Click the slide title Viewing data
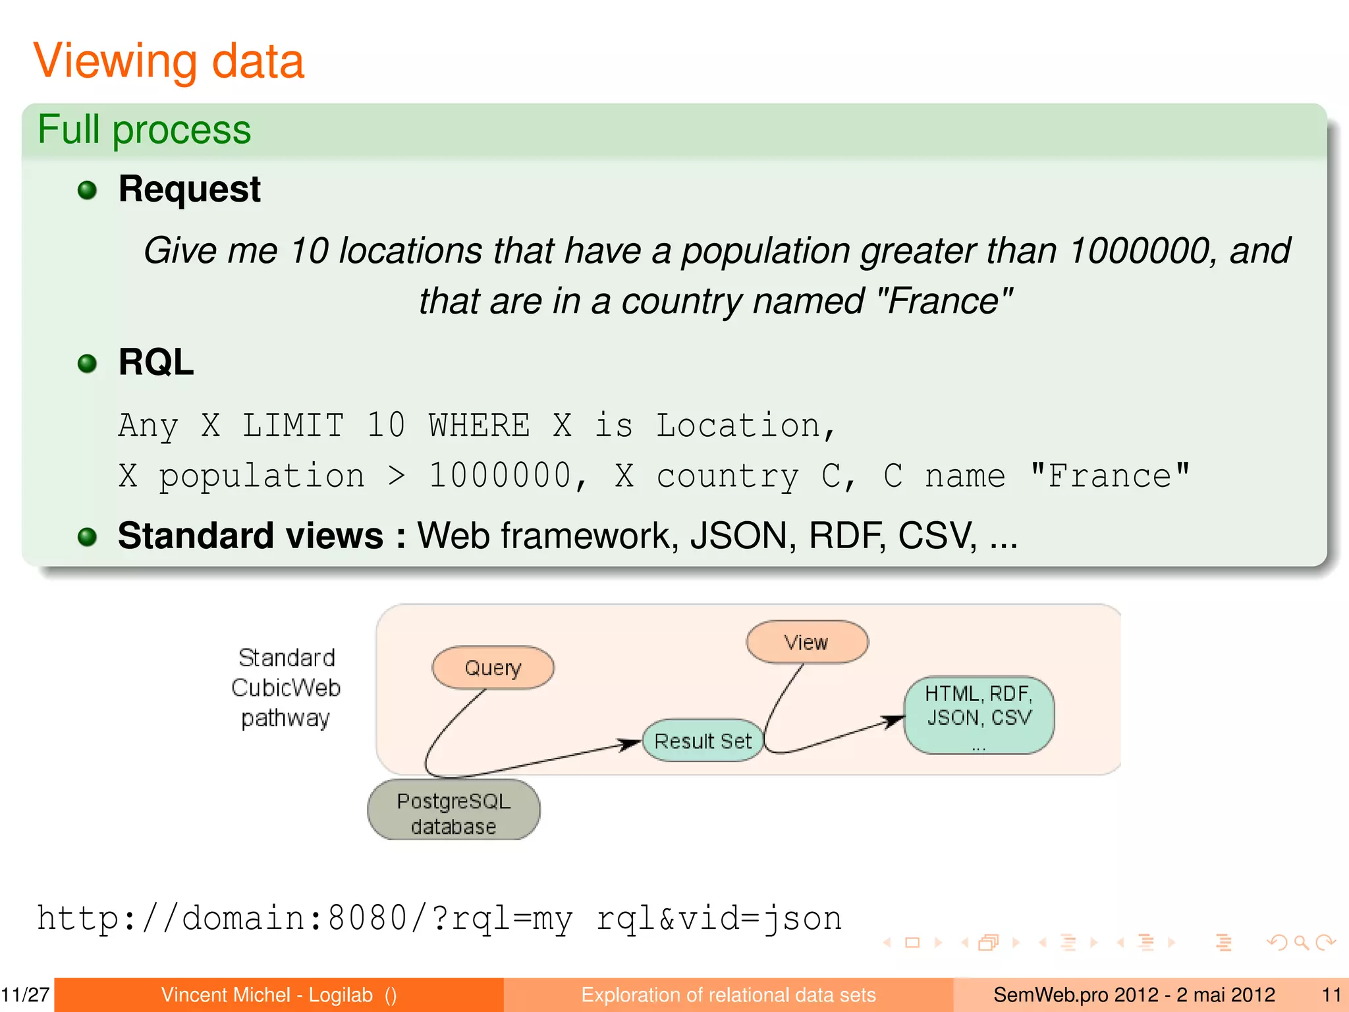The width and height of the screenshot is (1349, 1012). coord(169,61)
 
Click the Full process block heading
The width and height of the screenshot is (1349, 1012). coord(144,129)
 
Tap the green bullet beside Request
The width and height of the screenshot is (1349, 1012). coord(87,190)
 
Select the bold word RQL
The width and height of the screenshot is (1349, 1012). coord(156,362)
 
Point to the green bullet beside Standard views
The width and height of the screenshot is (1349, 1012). coord(87,536)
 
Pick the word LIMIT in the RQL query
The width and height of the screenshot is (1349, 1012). coord(293,426)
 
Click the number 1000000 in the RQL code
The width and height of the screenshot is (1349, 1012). coord(501,476)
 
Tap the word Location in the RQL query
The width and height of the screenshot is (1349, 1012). coord(738,426)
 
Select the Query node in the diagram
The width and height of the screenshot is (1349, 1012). coord(493,668)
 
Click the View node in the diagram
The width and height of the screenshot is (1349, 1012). coord(807,642)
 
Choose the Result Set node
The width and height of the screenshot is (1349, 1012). coord(703,741)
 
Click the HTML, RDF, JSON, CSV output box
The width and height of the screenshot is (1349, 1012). coord(979,715)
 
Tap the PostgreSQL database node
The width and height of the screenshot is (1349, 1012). coord(454,812)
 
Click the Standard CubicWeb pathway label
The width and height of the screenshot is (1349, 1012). coord(286,688)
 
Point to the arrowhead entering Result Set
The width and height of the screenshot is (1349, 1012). coord(631,744)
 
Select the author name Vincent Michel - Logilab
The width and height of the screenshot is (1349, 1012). coord(267,995)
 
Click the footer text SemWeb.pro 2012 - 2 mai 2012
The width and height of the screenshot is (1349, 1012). coord(1134,995)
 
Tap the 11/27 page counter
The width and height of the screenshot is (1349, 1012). coord(26,995)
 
